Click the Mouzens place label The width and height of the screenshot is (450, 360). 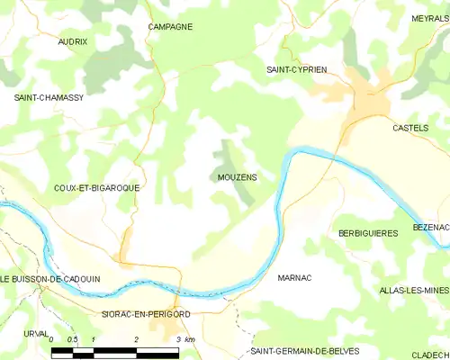237,177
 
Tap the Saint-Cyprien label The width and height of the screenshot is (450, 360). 296,69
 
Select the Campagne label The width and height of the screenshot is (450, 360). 170,27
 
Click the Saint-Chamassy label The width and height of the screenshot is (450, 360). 48,96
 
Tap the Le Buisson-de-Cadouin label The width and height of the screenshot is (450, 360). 50,279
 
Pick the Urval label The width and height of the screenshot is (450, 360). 36,332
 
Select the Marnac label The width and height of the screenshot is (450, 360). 294,278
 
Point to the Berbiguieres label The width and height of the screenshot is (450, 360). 368,233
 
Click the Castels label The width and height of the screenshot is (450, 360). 410,129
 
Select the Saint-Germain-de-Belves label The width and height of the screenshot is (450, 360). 304,350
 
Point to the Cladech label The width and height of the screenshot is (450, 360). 430,355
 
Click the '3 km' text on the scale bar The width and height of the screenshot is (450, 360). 185,339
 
